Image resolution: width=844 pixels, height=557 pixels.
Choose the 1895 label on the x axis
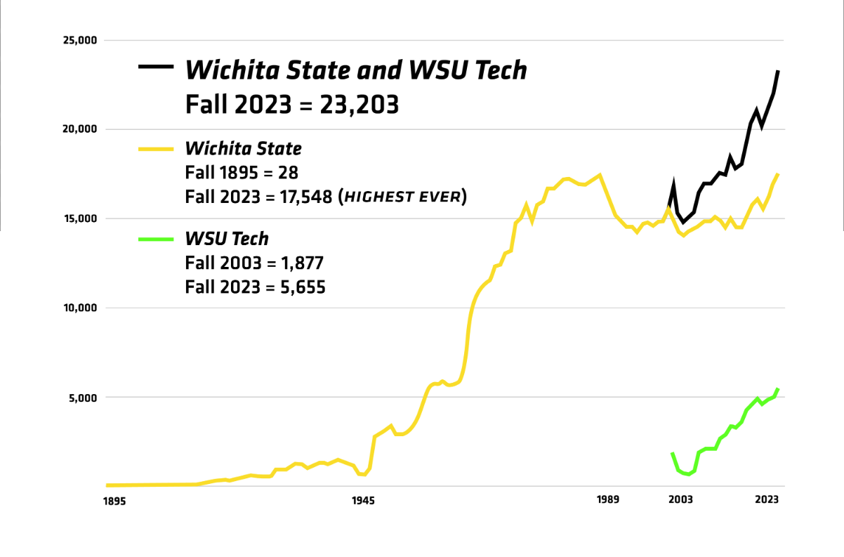pyautogui.click(x=114, y=501)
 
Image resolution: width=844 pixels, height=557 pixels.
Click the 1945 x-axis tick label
pyautogui.click(x=363, y=501)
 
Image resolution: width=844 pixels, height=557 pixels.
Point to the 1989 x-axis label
pyautogui.click(x=608, y=501)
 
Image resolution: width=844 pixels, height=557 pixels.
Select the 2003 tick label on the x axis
pyautogui.click(x=680, y=501)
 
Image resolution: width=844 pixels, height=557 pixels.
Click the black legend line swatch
pyautogui.click(x=156, y=67)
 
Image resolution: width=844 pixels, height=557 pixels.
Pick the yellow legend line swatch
pyautogui.click(x=156, y=149)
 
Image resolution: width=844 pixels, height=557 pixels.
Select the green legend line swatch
pyautogui.click(x=156, y=239)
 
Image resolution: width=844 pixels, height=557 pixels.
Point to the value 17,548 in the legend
pyautogui.click(x=298, y=197)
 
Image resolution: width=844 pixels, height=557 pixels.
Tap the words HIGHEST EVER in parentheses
pyautogui.click(x=403, y=197)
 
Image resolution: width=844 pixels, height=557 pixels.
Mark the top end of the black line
pyautogui.click(x=777, y=71)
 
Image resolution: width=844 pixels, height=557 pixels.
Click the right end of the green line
pyautogui.click(x=777, y=389)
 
